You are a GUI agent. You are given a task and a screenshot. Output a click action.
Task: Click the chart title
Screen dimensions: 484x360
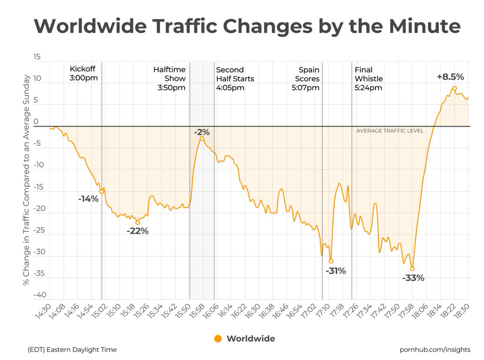247,26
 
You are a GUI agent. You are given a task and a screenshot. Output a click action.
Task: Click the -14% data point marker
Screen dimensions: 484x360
102,192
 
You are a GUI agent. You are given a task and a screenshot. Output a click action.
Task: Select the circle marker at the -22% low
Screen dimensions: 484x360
138,223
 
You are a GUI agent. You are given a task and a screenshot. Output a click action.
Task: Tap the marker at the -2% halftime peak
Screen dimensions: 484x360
202,138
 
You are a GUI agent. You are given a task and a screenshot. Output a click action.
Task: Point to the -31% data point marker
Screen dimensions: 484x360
331,261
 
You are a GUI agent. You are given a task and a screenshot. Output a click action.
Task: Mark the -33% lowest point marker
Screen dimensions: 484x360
412,268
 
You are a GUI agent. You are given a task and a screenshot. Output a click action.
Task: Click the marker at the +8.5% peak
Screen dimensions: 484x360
455,88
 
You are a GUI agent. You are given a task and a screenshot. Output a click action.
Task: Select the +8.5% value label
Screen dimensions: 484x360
451,77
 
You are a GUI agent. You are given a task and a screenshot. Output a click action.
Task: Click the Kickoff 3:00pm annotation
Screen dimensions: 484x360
83,73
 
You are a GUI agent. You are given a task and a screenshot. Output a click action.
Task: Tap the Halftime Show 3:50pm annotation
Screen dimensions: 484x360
169,79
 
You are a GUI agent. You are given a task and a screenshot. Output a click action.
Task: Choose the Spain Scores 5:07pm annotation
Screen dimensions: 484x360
305,79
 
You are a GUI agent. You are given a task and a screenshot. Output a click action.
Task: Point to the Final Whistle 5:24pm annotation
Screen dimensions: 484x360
369,79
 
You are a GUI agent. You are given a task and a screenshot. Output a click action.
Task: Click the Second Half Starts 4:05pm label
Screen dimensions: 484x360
235,79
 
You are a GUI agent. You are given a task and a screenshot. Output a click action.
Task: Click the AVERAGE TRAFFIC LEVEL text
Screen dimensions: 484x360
390,131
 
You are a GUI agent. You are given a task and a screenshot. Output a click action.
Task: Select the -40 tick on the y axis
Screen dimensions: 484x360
40,295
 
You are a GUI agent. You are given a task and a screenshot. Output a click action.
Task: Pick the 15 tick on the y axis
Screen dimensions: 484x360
37,57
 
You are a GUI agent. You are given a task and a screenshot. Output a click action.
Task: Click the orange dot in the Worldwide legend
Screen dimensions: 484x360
218,339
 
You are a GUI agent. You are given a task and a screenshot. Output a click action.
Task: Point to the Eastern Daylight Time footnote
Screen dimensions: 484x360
72,350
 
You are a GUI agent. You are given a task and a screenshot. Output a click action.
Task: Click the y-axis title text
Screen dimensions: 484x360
26,180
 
